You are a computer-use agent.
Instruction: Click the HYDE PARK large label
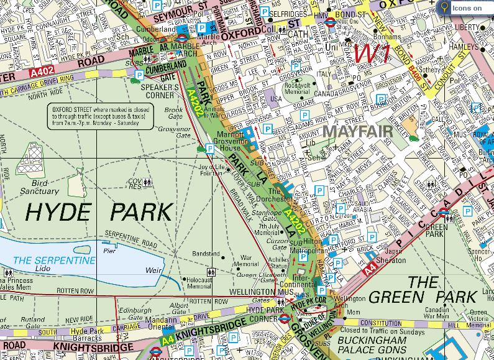click(98, 212)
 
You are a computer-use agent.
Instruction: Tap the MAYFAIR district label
click(358, 132)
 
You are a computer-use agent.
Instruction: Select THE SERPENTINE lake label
click(55, 259)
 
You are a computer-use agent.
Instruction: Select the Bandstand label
click(206, 254)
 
